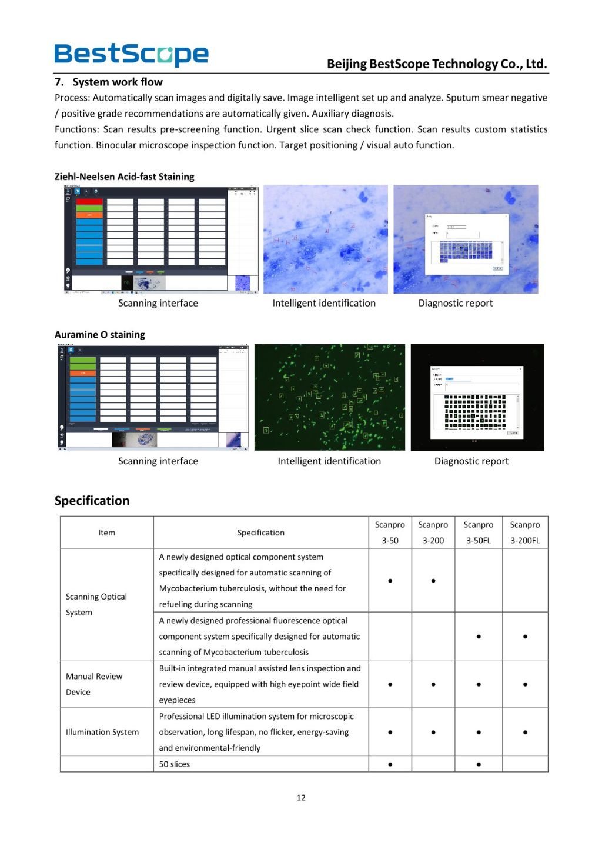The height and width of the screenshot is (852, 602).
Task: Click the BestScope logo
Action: click(x=131, y=55)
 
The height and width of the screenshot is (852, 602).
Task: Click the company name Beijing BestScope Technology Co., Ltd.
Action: click(x=437, y=64)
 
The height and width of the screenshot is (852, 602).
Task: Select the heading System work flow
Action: click(x=117, y=82)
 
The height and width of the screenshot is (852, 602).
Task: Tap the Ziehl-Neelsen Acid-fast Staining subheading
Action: click(x=124, y=177)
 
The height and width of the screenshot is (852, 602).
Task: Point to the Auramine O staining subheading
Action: click(x=99, y=334)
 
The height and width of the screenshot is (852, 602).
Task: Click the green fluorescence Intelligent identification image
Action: click(x=329, y=397)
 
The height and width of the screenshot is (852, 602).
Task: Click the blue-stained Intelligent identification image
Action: click(x=325, y=239)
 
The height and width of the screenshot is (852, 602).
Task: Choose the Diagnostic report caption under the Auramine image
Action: click(x=471, y=461)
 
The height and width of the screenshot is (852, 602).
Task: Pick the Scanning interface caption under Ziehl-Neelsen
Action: click(x=158, y=303)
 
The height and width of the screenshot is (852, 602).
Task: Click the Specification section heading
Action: click(x=92, y=501)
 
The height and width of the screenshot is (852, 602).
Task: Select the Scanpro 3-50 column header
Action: click(x=390, y=532)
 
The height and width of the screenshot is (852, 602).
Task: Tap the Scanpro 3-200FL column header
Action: click(x=524, y=532)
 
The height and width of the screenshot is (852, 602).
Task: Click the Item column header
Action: click(x=106, y=532)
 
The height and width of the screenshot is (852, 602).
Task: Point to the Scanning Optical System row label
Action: click(x=96, y=604)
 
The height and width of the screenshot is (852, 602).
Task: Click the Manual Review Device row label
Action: click(x=94, y=684)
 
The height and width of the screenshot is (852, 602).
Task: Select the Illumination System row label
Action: click(x=102, y=732)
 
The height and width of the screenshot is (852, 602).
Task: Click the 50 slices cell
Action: click(x=175, y=764)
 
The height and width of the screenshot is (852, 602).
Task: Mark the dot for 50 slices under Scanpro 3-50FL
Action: click(x=479, y=764)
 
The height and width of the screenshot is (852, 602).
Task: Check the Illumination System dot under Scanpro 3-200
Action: click(x=433, y=733)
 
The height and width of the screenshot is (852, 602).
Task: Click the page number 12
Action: click(x=301, y=798)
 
